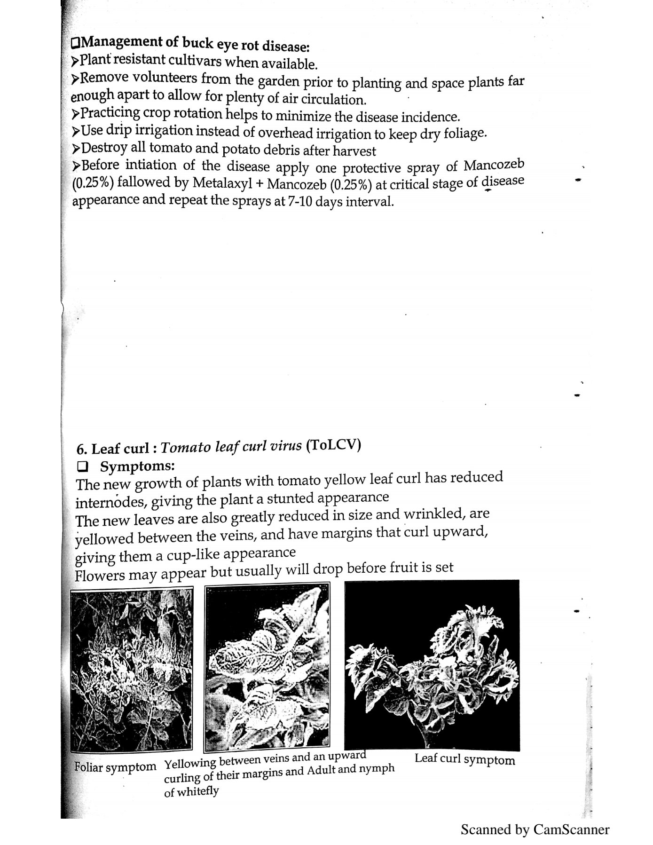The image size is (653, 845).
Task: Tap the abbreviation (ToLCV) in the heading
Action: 333,445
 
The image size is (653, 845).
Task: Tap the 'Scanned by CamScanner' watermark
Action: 535,829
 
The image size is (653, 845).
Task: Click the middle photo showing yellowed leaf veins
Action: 267,667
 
